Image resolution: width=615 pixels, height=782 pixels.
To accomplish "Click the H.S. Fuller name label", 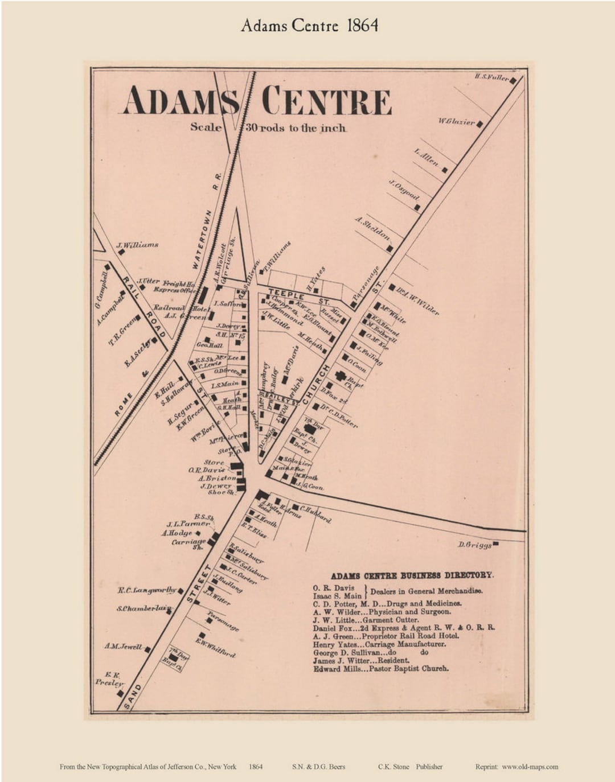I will [x=491, y=77].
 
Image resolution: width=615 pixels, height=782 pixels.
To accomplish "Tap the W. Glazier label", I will [x=456, y=121].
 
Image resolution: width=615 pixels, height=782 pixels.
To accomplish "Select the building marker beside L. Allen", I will [x=445, y=170].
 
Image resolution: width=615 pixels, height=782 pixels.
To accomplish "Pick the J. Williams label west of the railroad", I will [x=137, y=245].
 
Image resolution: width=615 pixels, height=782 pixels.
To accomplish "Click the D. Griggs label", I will [x=474, y=545].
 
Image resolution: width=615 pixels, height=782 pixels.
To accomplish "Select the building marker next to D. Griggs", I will [x=496, y=544].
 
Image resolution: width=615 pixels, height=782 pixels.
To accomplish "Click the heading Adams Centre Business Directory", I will [x=412, y=575].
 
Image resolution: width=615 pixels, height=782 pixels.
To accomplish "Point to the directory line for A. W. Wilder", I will [x=382, y=612].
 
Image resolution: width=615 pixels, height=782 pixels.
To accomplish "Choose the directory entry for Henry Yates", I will [x=379, y=644].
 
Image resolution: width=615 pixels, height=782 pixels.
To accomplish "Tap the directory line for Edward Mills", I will [x=380, y=669].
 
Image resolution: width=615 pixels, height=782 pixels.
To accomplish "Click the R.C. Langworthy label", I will [x=147, y=590].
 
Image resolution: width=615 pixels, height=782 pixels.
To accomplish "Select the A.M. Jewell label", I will [x=123, y=646].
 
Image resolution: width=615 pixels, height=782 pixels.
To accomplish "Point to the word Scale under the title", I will [x=206, y=127].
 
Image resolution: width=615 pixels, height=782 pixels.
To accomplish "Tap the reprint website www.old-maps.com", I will [x=530, y=767].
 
